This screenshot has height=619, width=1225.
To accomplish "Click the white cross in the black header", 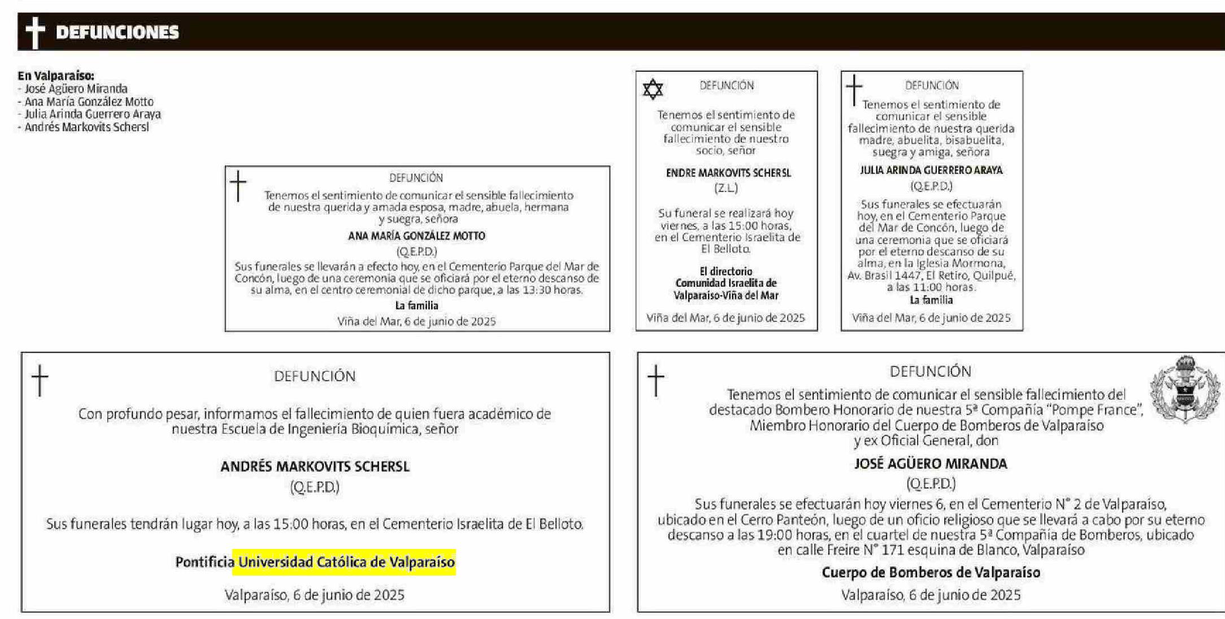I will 35,32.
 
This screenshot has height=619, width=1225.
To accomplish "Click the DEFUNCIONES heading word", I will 117,32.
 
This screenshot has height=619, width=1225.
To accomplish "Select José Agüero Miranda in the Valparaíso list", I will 76,89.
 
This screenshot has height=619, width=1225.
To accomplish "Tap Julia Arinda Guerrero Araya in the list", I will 92,114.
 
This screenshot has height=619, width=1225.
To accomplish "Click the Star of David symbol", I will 653,89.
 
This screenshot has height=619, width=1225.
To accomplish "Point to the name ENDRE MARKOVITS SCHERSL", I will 728,173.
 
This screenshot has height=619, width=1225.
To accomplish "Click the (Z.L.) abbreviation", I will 726,188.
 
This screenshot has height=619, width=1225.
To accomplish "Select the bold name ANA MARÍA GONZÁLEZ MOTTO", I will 416,236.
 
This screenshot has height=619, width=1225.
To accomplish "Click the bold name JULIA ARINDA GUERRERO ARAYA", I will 931,170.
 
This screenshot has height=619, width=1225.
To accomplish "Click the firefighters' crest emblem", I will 1185,389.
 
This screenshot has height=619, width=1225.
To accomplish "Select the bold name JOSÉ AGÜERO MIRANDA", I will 930,464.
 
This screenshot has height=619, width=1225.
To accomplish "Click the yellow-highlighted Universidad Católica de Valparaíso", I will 346,563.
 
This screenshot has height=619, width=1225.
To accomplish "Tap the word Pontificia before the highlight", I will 205,563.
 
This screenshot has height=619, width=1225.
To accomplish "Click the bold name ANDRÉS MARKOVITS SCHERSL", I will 315,467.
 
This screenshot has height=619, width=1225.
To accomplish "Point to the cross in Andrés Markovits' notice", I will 40,380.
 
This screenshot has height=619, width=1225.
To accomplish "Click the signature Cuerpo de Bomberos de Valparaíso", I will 931,573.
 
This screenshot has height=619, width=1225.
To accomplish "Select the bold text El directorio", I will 726,271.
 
